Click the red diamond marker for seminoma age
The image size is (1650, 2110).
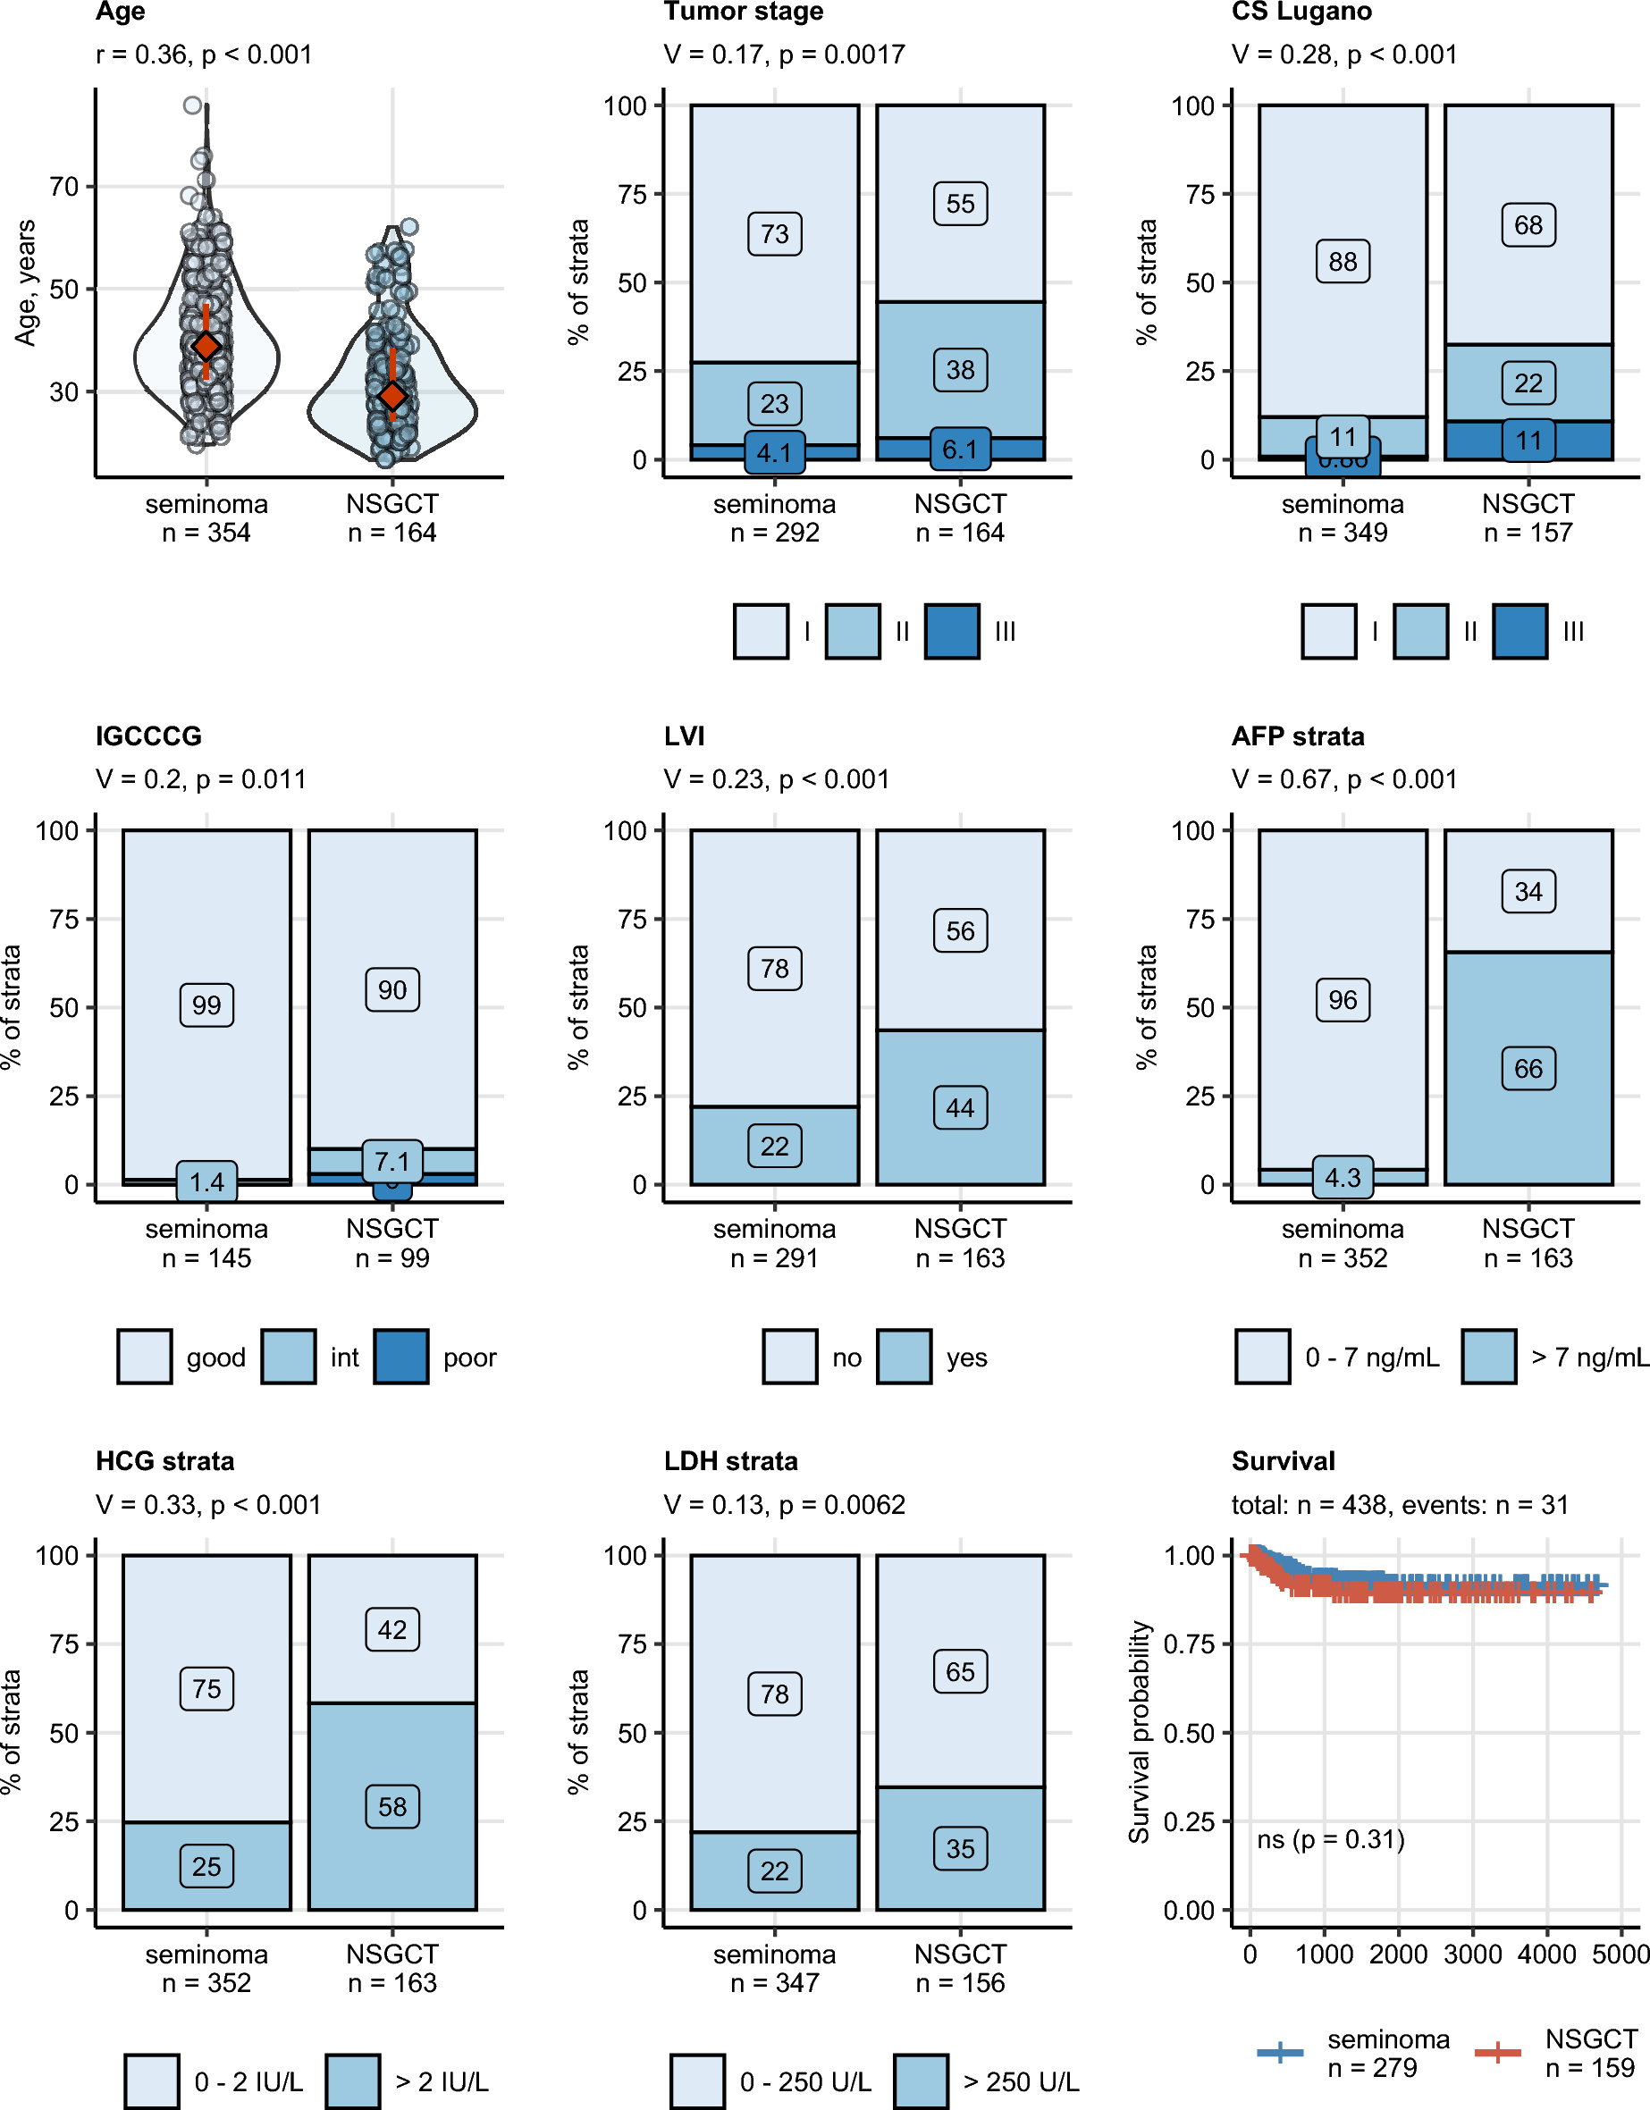click(x=206, y=346)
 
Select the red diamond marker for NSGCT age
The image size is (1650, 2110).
click(x=392, y=395)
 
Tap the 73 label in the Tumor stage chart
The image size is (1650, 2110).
click(x=775, y=234)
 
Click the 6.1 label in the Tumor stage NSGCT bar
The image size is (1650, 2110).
click(x=960, y=450)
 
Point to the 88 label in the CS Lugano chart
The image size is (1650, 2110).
click(x=1343, y=262)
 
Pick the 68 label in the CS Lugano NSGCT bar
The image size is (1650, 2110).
click(x=1528, y=225)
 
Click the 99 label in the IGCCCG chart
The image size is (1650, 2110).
click(x=206, y=1005)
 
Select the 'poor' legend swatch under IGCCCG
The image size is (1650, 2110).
click(x=401, y=1357)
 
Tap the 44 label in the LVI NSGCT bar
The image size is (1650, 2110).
click(x=960, y=1107)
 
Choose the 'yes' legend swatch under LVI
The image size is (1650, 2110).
click(x=905, y=1357)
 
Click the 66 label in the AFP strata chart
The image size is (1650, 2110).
click(x=1528, y=1069)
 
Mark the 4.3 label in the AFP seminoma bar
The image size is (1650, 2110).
click(x=1343, y=1178)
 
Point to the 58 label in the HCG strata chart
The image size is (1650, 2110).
click(x=392, y=1807)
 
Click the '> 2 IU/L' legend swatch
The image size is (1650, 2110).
click(x=352, y=2081)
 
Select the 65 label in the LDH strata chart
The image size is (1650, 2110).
click(x=960, y=1671)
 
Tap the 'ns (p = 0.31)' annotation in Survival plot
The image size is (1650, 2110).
click(x=1330, y=1838)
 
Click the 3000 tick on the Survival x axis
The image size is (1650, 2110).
click(x=1472, y=1954)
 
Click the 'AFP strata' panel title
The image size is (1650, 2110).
click(x=1298, y=736)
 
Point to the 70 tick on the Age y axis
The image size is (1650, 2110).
click(x=63, y=187)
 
